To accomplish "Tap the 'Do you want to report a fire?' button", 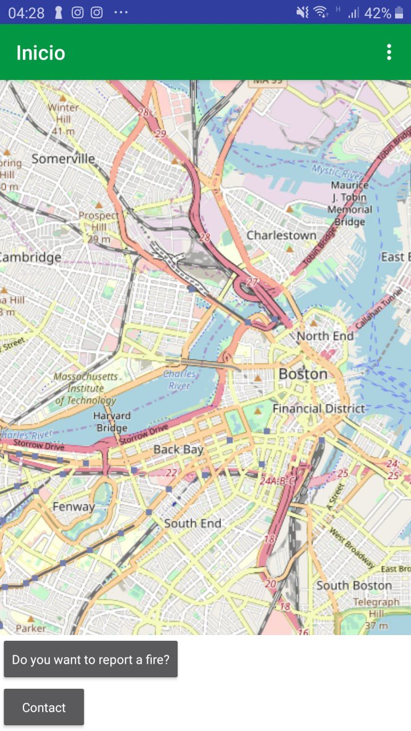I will [x=91, y=660].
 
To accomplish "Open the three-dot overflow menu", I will [x=389, y=53].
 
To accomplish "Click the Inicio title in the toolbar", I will [x=41, y=53].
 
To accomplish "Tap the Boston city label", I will [x=303, y=374].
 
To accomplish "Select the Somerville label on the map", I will [x=63, y=159].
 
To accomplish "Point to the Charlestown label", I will [x=281, y=235].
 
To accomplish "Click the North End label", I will [x=325, y=336].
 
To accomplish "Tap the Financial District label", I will [x=318, y=408].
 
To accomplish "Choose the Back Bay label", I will [x=178, y=449].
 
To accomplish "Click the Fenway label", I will [x=74, y=507].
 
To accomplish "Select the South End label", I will [x=192, y=523].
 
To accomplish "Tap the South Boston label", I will [x=354, y=585].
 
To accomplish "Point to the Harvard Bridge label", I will [x=111, y=421].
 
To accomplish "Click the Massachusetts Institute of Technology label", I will [x=86, y=388].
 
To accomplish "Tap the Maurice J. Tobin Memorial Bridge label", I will [x=349, y=203].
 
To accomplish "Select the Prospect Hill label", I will [x=98, y=221].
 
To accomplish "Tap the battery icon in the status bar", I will [x=399, y=13].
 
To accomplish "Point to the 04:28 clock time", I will [x=26, y=13].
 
